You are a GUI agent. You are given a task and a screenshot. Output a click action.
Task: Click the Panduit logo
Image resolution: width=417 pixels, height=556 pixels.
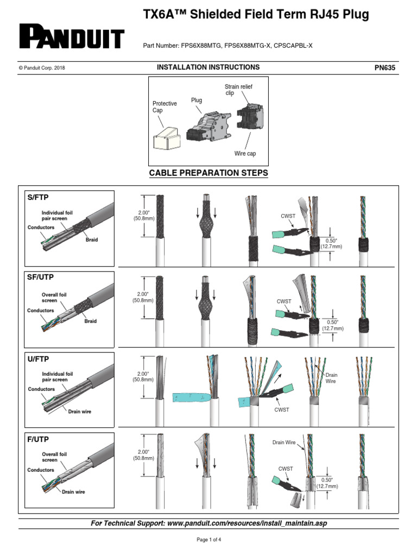click(x=72, y=37)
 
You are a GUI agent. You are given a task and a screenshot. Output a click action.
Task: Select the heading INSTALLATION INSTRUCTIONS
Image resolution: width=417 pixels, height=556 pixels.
click(x=208, y=67)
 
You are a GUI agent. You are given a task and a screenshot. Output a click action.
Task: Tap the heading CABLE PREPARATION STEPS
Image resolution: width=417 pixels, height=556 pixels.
click(x=208, y=173)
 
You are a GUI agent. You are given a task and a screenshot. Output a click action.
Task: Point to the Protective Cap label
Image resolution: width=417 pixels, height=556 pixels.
click(x=165, y=107)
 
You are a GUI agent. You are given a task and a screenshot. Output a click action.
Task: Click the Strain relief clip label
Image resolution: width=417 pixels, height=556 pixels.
click(x=238, y=90)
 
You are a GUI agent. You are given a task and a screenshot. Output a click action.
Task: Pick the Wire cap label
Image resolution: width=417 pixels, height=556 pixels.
click(x=245, y=154)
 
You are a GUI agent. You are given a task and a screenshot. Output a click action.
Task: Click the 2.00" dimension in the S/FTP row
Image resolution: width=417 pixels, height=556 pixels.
click(x=144, y=215)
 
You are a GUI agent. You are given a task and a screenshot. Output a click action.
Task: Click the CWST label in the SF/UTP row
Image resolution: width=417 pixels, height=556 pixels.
click(x=285, y=301)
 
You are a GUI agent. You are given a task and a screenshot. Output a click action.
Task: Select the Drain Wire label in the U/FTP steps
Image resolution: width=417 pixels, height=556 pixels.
click(x=331, y=378)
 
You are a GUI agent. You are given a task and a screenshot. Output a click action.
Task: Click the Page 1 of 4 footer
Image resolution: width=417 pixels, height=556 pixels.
click(x=208, y=540)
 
